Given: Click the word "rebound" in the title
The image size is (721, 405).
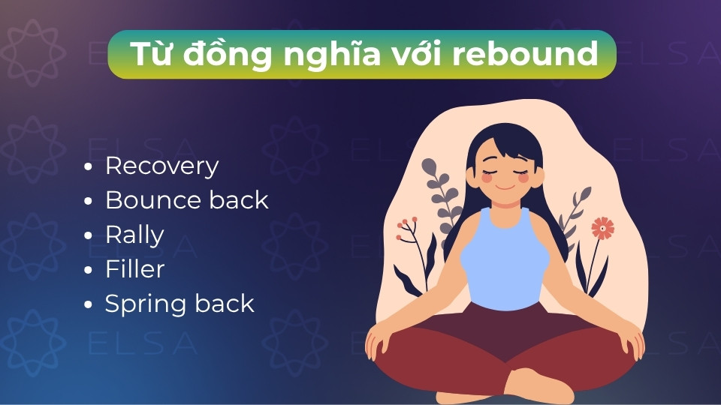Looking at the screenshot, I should pos(536,54).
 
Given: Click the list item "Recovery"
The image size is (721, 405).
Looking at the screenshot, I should pos(161,166).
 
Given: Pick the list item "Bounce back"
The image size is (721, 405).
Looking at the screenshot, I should pos(186,200).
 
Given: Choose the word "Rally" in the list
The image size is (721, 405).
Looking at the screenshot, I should pos(134,235).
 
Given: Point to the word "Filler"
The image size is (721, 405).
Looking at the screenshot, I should pos(134,269).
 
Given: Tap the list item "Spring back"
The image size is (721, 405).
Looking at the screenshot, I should pos(179,304).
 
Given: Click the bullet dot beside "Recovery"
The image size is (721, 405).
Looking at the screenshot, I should pos(89,167).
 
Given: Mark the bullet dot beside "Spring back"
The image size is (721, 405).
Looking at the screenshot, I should pos(89,305).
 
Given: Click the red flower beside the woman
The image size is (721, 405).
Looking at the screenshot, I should pos(602,227).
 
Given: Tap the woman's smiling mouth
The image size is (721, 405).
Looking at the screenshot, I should pos(504,185).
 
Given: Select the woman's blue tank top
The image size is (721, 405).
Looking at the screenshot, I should pos(505,259).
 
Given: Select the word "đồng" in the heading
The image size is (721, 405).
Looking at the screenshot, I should pos(230,54).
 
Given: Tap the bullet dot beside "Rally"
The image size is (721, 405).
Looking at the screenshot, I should pos(89,235).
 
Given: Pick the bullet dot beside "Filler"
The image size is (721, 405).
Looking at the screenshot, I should pos(89,270).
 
